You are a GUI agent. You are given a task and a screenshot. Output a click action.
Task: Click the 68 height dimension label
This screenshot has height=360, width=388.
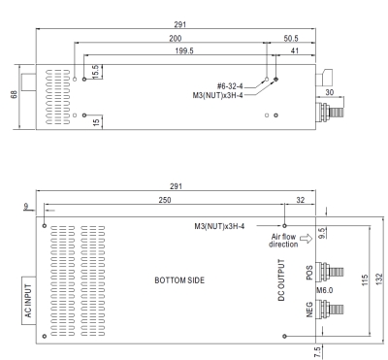(15, 94)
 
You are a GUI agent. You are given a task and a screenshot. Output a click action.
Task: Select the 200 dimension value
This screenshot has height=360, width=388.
(176, 38)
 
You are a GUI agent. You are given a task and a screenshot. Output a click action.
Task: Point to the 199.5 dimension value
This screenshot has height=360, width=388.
(184, 50)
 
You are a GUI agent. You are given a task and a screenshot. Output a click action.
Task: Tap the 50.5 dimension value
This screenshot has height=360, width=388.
(291, 38)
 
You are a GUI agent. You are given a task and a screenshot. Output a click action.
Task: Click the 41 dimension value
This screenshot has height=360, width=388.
(295, 50)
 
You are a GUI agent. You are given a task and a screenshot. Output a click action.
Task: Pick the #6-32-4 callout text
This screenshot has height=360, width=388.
(230, 86)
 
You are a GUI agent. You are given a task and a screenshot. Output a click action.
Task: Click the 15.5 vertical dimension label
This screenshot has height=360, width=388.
(95, 72)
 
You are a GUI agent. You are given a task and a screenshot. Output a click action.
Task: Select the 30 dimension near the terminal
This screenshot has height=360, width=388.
(329, 92)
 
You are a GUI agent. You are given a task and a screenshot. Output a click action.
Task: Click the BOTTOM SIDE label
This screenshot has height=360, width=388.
(179, 280)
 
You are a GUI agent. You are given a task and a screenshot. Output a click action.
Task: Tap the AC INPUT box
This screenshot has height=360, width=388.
(29, 301)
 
